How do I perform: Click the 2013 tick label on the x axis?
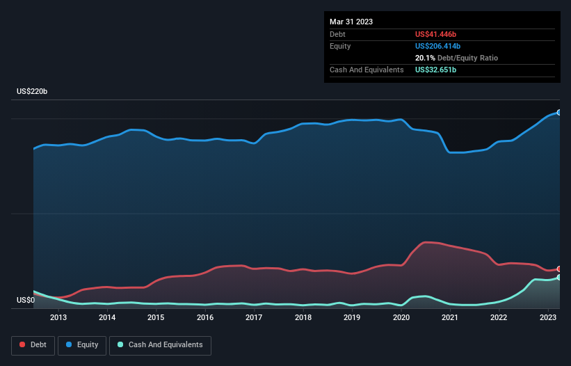[58, 317]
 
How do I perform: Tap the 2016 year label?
[205, 317]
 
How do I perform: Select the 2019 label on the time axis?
[352, 317]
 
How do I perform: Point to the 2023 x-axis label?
[548, 317]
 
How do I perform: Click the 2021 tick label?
[450, 317]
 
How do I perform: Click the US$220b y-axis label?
[32, 91]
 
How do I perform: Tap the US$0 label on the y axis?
[26, 300]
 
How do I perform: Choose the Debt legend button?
[33, 345]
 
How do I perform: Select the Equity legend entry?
[82, 345]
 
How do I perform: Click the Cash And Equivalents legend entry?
[160, 345]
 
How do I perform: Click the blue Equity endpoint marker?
[559, 113]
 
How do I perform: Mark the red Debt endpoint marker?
[559, 269]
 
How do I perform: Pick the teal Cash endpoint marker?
[559, 277]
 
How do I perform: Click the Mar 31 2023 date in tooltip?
[351, 22]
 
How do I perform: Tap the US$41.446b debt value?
[435, 34]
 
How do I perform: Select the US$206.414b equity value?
[437, 46]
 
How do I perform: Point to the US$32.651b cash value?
[435, 70]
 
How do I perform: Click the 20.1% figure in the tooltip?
[425, 58]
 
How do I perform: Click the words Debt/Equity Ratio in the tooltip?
[467, 58]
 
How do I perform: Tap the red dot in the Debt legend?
[22, 344]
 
